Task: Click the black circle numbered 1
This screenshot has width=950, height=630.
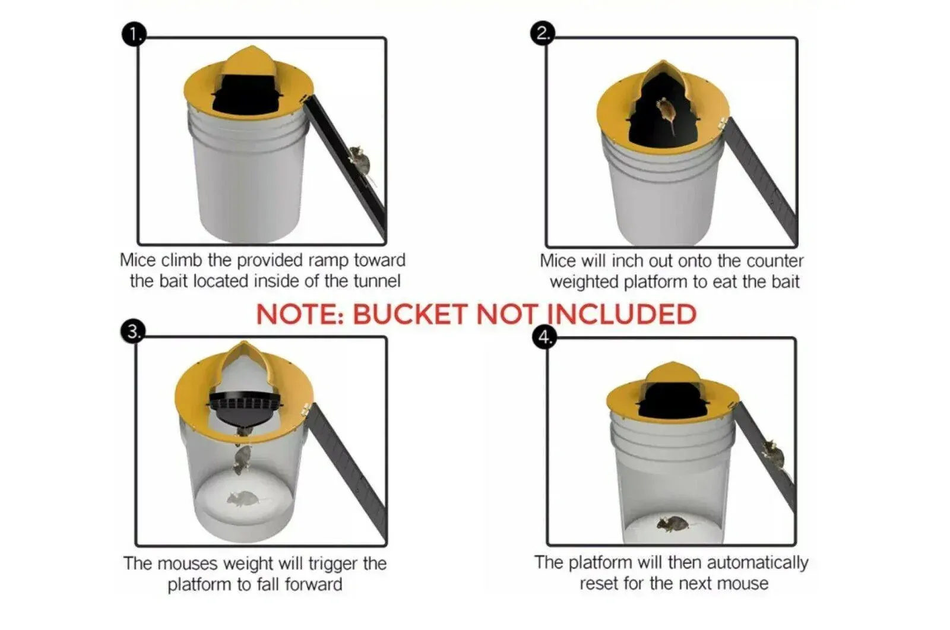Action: point(134,34)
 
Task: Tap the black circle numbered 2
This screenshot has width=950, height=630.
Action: point(543,33)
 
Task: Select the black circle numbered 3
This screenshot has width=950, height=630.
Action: point(133,331)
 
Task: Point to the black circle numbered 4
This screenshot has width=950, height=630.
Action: point(545,337)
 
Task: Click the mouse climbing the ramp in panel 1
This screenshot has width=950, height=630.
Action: point(360,162)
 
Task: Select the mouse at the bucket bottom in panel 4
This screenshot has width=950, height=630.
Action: point(673,524)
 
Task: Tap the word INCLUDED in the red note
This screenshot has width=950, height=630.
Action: point(621,314)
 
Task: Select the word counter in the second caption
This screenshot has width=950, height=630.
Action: point(775,261)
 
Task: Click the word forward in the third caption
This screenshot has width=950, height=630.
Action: point(313,585)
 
